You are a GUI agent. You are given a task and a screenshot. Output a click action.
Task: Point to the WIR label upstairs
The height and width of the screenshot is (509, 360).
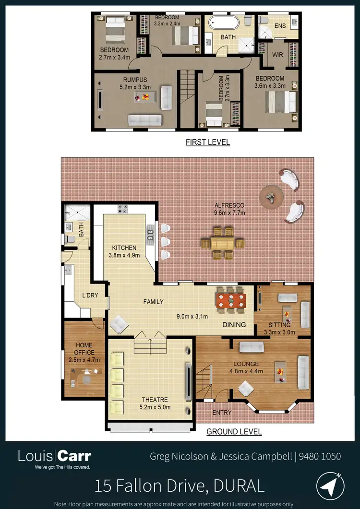[277, 55]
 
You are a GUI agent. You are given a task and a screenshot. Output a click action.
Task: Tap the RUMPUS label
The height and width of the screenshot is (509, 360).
[135, 80]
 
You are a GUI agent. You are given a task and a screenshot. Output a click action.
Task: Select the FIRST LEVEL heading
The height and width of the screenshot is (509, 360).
[208, 142]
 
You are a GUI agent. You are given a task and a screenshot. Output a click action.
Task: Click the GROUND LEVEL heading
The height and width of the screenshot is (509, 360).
[234, 432]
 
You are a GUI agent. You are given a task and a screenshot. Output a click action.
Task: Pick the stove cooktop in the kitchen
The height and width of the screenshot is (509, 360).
[122, 209]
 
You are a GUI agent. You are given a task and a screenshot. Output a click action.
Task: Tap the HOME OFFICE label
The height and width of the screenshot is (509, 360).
[84, 349]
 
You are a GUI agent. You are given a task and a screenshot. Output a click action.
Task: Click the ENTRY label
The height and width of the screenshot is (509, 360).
[221, 412]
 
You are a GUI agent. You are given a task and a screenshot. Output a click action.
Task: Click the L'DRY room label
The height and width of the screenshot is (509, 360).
[90, 296]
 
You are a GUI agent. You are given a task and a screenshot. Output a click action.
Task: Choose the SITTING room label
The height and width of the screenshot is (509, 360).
[279, 325]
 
